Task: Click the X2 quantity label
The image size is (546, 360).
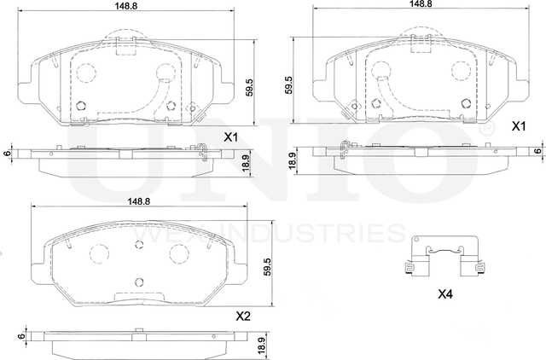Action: tap(243, 316)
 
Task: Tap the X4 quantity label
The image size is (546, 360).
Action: tap(444, 295)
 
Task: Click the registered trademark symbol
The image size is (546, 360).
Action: tap(487, 129)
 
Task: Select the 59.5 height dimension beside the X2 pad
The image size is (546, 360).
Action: tap(268, 267)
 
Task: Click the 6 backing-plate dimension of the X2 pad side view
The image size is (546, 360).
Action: tap(18, 337)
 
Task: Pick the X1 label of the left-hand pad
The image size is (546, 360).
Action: tap(230, 136)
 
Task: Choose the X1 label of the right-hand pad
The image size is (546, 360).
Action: tap(517, 126)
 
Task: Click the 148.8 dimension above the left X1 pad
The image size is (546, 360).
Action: tap(128, 6)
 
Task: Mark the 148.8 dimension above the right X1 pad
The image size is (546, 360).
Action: tap(418, 4)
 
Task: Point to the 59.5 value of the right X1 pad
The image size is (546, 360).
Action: tap(290, 85)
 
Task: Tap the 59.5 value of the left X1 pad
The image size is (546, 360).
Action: tap(249, 87)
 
